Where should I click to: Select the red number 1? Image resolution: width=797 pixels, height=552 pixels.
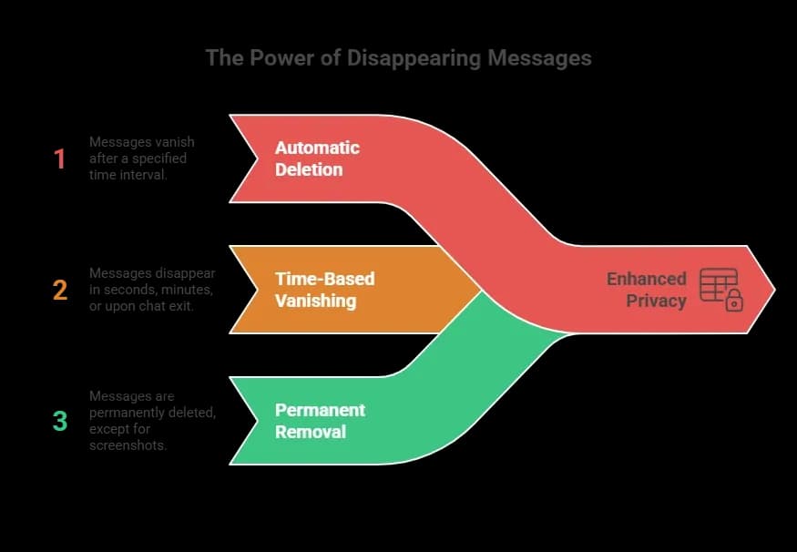(x=60, y=159)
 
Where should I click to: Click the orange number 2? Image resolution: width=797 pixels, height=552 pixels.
(x=60, y=291)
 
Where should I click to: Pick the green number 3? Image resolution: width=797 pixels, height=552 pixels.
(x=60, y=421)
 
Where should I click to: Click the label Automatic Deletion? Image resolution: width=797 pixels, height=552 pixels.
(x=317, y=158)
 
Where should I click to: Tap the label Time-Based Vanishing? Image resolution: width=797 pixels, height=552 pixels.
(x=324, y=290)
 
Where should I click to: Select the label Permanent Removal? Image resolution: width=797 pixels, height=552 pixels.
(x=320, y=421)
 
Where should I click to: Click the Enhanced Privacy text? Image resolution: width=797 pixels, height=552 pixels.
(x=647, y=289)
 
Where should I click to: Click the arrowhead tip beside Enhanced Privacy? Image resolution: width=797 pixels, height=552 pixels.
(x=772, y=290)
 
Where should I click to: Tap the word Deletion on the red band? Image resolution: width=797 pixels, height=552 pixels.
(x=309, y=169)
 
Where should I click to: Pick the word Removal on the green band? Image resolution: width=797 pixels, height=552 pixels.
(x=311, y=432)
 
